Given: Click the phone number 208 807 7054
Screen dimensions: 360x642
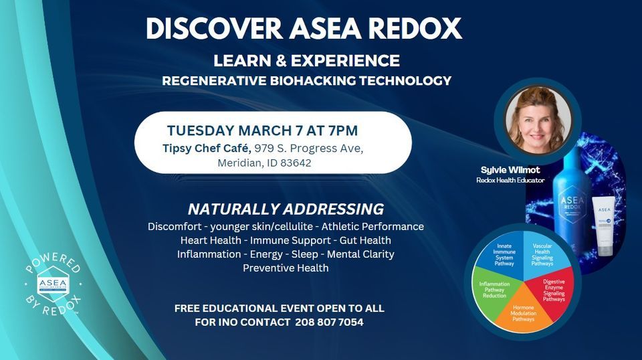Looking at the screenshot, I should pyautogui.click(x=329, y=322).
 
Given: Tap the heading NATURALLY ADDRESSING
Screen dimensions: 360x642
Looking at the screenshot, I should pyautogui.click(x=286, y=208).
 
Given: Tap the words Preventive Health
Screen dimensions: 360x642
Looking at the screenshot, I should pyautogui.click(x=286, y=268).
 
